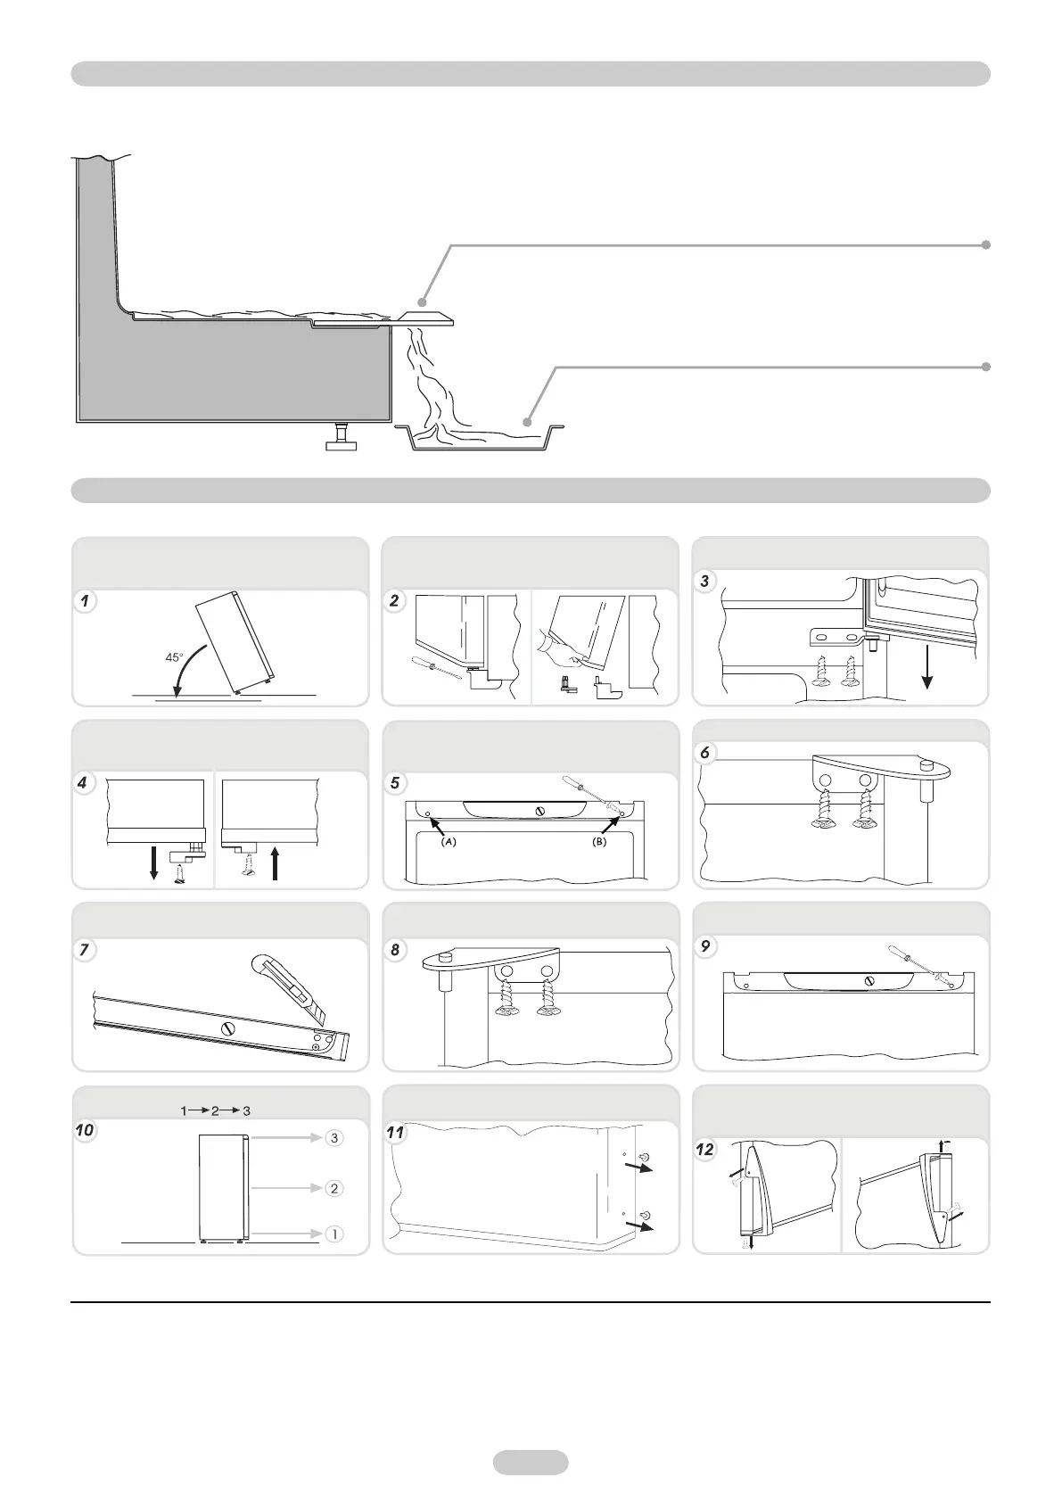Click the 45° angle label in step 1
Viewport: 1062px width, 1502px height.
tap(173, 657)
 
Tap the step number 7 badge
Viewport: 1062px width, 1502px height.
tap(84, 949)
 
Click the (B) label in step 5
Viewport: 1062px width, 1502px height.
tap(599, 842)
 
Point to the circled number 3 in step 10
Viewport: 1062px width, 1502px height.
tap(333, 1138)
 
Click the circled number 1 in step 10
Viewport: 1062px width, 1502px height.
tap(333, 1234)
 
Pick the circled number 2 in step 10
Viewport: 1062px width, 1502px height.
tap(333, 1188)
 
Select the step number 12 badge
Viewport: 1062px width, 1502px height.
tap(705, 1150)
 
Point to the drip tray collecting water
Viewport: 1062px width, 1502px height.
tap(482, 438)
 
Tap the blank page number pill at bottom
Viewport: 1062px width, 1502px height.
tap(531, 1462)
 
